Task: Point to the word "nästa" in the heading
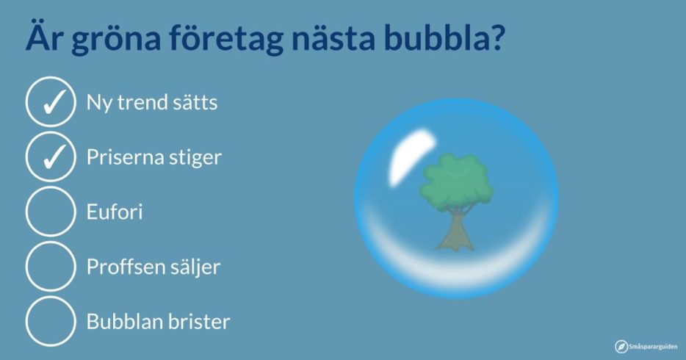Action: point(333,37)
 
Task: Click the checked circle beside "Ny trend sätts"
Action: point(51,102)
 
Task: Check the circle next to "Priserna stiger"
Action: point(51,156)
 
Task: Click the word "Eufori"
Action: point(115,212)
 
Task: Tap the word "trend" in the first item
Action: point(142,102)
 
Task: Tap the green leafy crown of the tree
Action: point(456,179)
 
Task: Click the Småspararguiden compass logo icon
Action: point(621,347)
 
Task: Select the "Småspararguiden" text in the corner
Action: point(653,347)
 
